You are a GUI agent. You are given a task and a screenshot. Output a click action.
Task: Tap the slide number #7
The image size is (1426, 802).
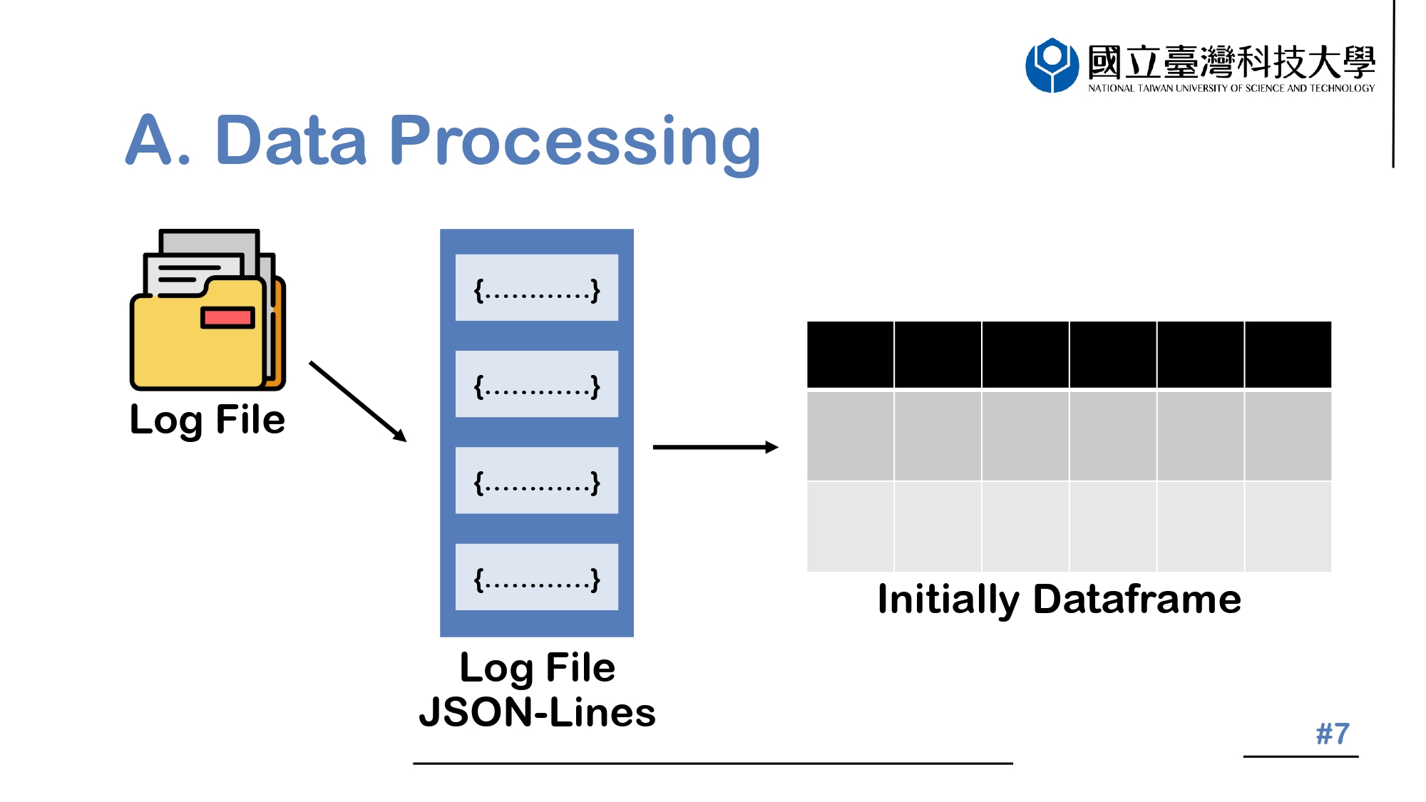click(1333, 734)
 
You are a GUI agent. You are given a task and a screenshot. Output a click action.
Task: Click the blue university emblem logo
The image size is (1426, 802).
click(1052, 65)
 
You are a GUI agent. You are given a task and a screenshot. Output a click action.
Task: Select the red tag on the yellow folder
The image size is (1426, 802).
click(227, 317)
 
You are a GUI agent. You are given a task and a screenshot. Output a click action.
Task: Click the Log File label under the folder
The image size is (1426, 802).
click(207, 419)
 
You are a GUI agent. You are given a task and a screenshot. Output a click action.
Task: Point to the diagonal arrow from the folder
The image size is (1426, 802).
click(357, 401)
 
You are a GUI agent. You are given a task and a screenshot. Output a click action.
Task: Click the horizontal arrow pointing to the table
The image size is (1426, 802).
click(714, 447)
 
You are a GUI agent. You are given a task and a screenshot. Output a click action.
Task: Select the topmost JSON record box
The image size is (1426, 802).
click(537, 288)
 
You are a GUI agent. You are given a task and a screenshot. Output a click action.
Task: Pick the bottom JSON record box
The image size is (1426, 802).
click(537, 577)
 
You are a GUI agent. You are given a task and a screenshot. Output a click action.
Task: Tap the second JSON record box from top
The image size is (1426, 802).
click(537, 384)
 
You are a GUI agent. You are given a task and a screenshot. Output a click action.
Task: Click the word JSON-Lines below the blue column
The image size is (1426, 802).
click(537, 712)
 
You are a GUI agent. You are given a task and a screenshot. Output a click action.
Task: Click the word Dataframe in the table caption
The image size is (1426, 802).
click(1137, 599)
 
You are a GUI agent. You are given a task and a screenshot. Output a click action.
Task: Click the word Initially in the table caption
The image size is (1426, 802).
click(948, 599)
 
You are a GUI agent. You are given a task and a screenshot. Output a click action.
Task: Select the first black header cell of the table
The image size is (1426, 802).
click(850, 354)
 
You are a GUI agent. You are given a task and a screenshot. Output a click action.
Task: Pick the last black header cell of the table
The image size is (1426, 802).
click(1288, 354)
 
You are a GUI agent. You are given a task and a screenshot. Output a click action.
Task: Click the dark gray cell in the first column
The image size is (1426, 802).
click(850, 436)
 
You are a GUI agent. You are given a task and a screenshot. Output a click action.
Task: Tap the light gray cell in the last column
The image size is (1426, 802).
click(1288, 527)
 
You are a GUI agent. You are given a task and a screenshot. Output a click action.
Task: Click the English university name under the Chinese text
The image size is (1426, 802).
click(1231, 88)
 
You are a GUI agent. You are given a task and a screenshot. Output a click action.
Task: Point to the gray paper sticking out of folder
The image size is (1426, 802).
click(208, 242)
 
